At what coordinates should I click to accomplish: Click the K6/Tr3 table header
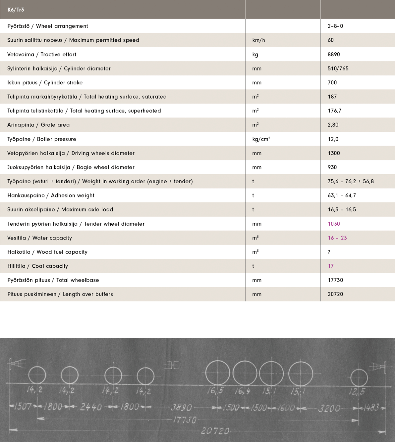(x=16, y=10)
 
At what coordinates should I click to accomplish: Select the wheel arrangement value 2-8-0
(x=335, y=26)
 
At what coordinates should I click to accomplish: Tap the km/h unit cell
(x=258, y=40)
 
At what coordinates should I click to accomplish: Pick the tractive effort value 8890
(x=334, y=55)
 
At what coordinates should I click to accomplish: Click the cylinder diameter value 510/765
(x=338, y=68)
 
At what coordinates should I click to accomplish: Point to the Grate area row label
(x=38, y=125)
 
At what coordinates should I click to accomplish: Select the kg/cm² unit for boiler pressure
(x=261, y=139)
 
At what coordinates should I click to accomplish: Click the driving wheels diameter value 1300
(x=334, y=153)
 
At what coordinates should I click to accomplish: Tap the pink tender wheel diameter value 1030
(x=334, y=224)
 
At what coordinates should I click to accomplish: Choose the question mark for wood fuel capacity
(x=329, y=252)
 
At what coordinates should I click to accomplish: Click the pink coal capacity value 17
(x=331, y=266)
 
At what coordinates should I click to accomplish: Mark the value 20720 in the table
(x=335, y=294)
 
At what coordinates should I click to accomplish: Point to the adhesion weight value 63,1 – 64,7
(x=342, y=196)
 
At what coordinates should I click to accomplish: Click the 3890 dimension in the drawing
(x=181, y=407)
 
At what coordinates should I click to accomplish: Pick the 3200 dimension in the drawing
(x=329, y=408)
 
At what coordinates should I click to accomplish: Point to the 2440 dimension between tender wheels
(x=91, y=407)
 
